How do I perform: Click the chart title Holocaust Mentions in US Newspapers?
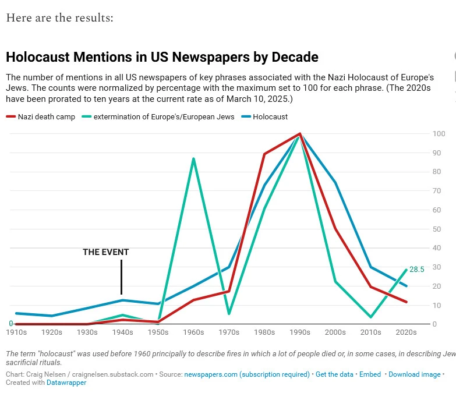click(162, 57)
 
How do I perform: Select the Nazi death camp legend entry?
click(46, 116)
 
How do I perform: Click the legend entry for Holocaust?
click(270, 116)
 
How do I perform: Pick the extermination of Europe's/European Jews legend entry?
click(164, 116)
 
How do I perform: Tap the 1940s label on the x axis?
click(122, 332)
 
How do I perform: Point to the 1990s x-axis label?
click(300, 332)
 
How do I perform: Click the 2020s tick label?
click(406, 332)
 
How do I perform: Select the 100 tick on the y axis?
click(439, 134)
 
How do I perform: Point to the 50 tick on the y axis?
click(437, 229)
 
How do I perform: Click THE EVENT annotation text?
click(105, 252)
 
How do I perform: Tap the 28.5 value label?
click(417, 270)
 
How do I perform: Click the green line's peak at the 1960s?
click(193, 158)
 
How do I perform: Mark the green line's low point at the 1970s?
click(229, 314)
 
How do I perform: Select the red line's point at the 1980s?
click(264, 154)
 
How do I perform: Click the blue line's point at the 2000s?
click(335, 183)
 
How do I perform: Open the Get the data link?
click(334, 374)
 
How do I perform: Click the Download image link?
click(414, 374)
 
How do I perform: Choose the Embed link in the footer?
click(370, 374)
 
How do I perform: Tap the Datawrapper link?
click(66, 383)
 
